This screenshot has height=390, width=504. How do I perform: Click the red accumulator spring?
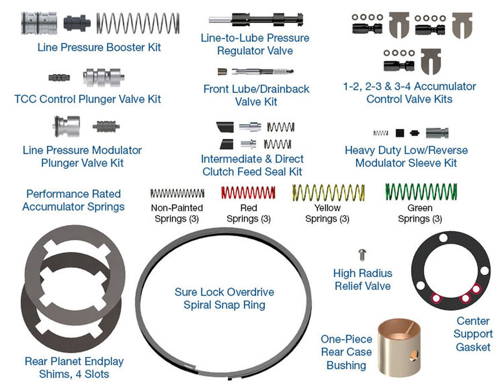pyautogui.click(x=248, y=193)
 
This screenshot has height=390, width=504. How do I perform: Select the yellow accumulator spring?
pyautogui.click(x=329, y=193)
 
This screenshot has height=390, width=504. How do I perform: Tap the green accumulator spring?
pyautogui.click(x=421, y=192)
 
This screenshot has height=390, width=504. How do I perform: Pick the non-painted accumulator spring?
pyautogui.click(x=177, y=193)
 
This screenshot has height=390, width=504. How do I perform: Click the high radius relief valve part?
pyautogui.click(x=363, y=253)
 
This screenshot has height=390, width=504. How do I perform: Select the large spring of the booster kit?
pyautogui.click(x=139, y=22)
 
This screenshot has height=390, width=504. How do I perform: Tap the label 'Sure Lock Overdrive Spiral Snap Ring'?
pyautogui.click(x=224, y=298)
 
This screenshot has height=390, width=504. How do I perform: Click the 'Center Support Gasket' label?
pyautogui.click(x=473, y=334)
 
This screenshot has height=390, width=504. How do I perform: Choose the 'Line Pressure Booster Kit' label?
pyautogui.click(x=99, y=47)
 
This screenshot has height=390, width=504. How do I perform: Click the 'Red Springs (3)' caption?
pyautogui.click(x=248, y=213)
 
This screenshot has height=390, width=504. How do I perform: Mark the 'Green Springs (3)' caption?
pyautogui.click(x=420, y=213)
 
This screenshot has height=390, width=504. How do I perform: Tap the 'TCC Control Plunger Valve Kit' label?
pyautogui.click(x=87, y=99)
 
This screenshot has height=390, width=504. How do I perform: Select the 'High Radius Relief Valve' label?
pyautogui.click(x=363, y=280)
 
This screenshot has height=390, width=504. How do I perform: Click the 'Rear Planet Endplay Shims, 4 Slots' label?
pyautogui.click(x=74, y=367)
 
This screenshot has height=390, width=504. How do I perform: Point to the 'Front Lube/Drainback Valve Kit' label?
pyautogui.click(x=256, y=95)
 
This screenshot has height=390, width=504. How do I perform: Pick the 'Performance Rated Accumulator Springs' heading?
pyautogui.click(x=74, y=200)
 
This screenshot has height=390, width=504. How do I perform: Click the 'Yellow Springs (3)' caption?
pyautogui.click(x=328, y=213)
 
